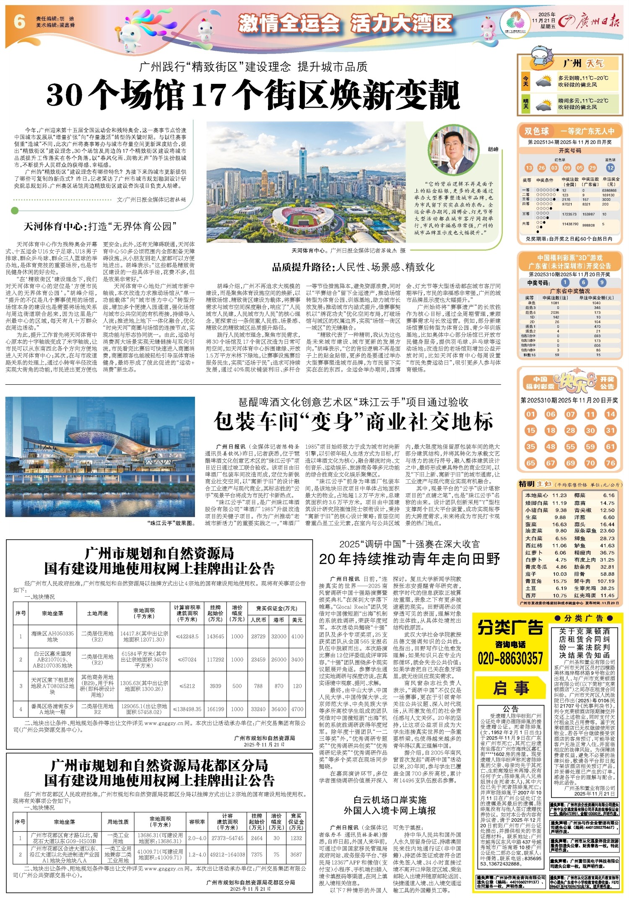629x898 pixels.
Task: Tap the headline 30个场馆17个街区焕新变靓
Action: pyautogui.click(x=253, y=96)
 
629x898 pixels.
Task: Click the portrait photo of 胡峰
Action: pyautogui.click(x=455, y=153)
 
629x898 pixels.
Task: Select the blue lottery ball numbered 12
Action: pyautogui.click(x=610, y=168)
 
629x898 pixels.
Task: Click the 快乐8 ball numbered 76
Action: pyautogui.click(x=610, y=463)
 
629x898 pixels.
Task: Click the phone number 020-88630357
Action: pyautogui.click(x=510, y=658)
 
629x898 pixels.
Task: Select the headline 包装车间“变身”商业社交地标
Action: pyautogui.click(x=353, y=421)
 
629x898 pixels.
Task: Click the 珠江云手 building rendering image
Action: pyautogui.click(x=100, y=457)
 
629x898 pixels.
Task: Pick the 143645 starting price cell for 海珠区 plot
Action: pyautogui.click(x=215, y=636)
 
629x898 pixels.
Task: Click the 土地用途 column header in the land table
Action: pyautogui.click(x=98, y=613)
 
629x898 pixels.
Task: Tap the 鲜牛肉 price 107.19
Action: pyautogui.click(x=606, y=581)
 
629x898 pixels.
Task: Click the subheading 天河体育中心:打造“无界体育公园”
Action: pyautogui.click(x=100, y=227)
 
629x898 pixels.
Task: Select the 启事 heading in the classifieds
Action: pyautogui.click(x=510, y=688)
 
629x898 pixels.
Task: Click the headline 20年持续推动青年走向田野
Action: pyautogui.click(x=409, y=559)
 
